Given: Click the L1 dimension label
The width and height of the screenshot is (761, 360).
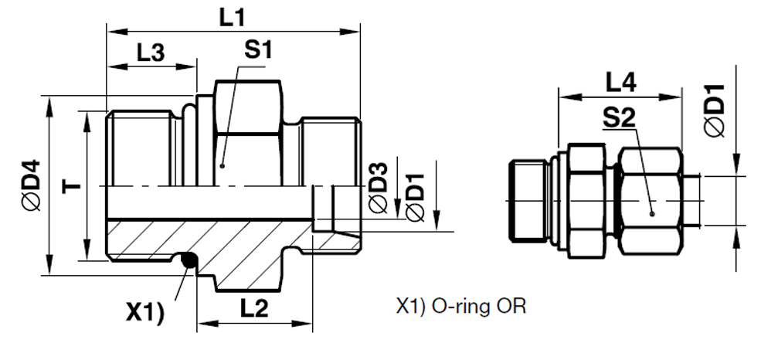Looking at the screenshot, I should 231,17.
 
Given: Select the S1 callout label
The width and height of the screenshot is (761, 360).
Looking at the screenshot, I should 259,51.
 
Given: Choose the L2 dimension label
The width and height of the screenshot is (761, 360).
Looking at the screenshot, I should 253,309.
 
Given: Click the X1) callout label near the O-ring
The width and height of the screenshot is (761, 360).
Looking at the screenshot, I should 145,312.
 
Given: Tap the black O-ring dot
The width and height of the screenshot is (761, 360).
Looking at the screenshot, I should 187,263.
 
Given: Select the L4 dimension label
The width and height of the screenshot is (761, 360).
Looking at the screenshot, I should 620,82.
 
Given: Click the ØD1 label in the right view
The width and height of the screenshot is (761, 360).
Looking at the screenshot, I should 715,109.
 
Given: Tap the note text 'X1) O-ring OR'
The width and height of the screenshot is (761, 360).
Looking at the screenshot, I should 460,307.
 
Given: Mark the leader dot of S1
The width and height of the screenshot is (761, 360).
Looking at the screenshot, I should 222,165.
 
